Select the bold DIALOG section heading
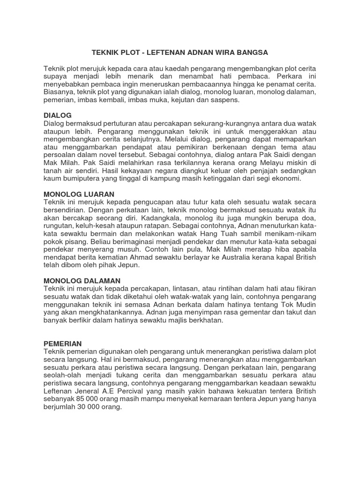tap(57, 115)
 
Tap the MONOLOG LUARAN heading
tap(79, 194)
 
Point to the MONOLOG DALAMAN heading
tap(82, 280)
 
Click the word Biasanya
tap(59, 92)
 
